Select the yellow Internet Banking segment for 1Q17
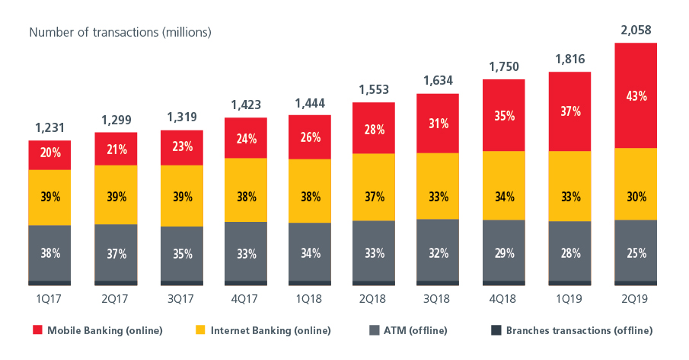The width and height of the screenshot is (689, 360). click(49, 197)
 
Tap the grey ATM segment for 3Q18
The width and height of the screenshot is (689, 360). click(437, 249)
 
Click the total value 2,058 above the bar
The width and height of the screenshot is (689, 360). click(635, 31)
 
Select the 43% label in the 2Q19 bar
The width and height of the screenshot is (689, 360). click(635, 97)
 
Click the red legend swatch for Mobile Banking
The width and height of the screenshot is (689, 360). click(37, 330)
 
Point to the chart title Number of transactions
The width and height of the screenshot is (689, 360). click(120, 33)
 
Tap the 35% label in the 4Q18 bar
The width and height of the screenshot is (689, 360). click(504, 116)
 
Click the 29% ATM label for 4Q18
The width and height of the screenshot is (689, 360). click(504, 250)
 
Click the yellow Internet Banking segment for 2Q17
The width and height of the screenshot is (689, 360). click(115, 194)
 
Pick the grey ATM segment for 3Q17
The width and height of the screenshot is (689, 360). click(180, 252)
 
